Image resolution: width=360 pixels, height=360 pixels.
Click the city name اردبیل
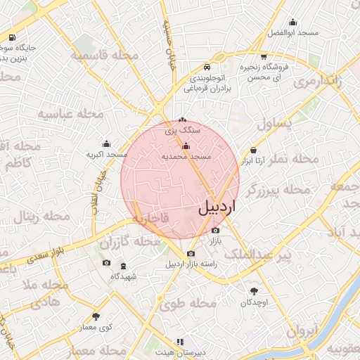click(x=218, y=207)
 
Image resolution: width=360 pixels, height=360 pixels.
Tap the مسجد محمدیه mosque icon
click(x=186, y=146)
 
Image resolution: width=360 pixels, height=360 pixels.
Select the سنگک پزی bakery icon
click(x=183, y=120)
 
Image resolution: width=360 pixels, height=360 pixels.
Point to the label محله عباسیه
click(x=70, y=113)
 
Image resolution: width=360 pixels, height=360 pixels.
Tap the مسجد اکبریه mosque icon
click(x=106, y=143)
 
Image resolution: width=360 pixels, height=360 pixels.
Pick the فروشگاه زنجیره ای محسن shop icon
click(x=263, y=56)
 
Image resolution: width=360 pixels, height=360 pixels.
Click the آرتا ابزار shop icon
click(x=253, y=150)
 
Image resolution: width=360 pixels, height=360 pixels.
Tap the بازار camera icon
click(x=215, y=230)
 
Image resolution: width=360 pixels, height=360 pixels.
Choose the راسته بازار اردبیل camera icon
click(x=190, y=254)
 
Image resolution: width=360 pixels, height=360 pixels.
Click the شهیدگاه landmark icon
click(x=124, y=266)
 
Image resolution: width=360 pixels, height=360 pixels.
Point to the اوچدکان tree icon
click(x=253, y=291)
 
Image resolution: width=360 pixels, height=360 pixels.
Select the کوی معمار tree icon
click(x=96, y=316)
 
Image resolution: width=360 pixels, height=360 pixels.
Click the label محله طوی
click(x=187, y=304)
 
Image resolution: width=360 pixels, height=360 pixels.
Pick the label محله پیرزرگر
click(x=281, y=189)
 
